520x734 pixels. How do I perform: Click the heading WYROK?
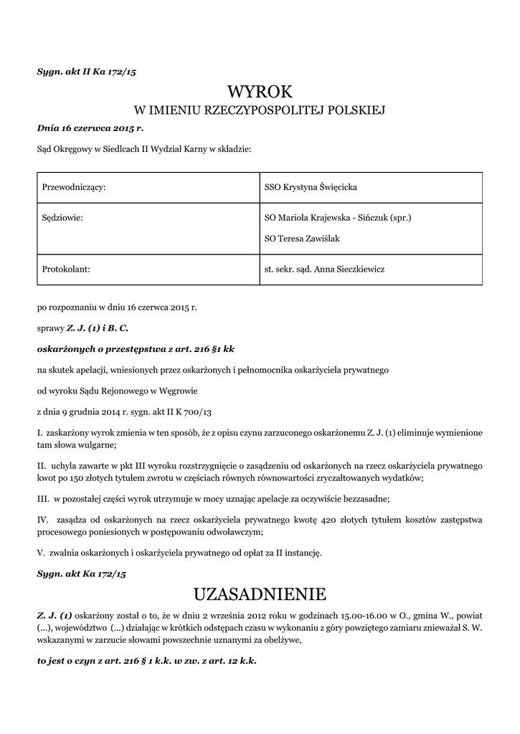tap(260, 91)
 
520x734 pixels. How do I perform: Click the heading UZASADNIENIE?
tap(260, 594)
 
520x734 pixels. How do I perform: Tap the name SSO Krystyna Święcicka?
tap(311, 187)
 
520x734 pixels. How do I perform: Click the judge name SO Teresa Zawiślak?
tap(302, 237)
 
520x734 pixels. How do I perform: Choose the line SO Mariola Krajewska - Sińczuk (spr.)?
tap(338, 216)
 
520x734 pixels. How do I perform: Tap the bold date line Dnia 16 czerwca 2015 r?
tap(90, 128)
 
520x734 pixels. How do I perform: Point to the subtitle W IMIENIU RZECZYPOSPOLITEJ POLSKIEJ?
tap(260, 110)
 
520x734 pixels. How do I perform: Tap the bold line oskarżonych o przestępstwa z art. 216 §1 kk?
tap(136, 349)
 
